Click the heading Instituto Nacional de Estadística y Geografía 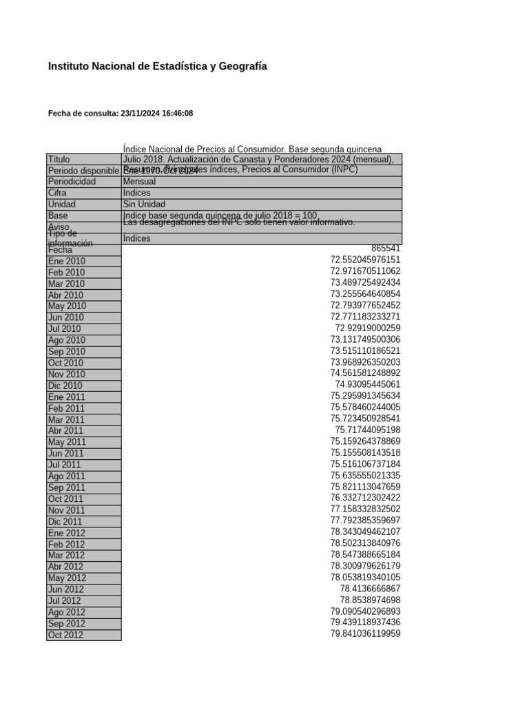click(157, 67)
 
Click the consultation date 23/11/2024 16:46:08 click(156, 114)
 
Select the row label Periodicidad click(72, 182)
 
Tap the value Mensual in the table click(139, 182)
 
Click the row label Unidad click(62, 204)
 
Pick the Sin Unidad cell click(145, 204)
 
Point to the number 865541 click(385, 248)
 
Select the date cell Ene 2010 click(67, 261)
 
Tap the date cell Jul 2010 click(65, 329)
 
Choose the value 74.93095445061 click(367, 384)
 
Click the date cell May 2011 click(67, 442)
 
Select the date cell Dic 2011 click(65, 522)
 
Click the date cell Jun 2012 click(66, 589)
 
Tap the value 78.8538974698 click(370, 600)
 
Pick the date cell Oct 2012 click(65, 635)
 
